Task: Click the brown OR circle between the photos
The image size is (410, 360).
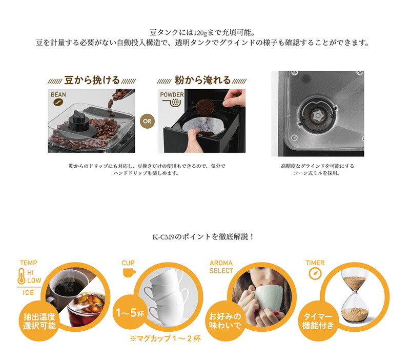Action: (x=147, y=121)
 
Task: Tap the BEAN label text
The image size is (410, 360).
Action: (x=58, y=95)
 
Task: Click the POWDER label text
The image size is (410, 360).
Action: (x=172, y=95)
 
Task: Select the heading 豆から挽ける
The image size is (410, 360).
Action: (x=92, y=81)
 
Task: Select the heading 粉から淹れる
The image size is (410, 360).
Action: (x=202, y=81)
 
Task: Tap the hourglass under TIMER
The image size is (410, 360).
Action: (x=355, y=296)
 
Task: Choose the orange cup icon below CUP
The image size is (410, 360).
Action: (x=129, y=272)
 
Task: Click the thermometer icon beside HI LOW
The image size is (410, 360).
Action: (x=22, y=276)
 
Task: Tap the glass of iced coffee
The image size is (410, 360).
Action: (x=87, y=310)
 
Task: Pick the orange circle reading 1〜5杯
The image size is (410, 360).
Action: (x=130, y=312)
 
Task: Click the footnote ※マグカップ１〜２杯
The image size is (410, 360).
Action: (x=165, y=338)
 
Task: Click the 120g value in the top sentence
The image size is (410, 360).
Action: (x=200, y=33)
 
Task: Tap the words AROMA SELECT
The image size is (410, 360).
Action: (x=221, y=267)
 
